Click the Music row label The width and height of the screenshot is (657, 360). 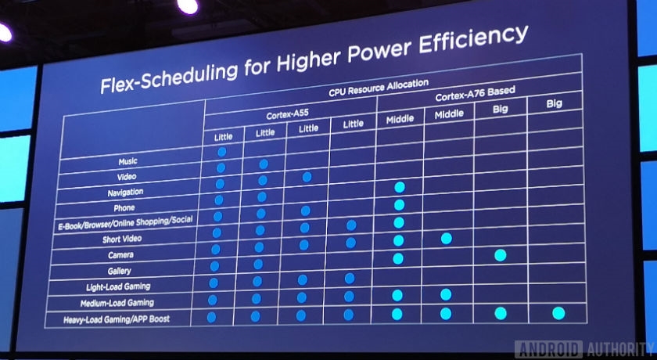127,161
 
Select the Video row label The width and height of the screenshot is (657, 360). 127,177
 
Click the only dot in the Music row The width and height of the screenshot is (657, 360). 222,151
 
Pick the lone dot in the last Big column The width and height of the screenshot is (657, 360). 558,312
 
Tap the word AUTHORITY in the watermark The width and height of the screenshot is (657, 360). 613,348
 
